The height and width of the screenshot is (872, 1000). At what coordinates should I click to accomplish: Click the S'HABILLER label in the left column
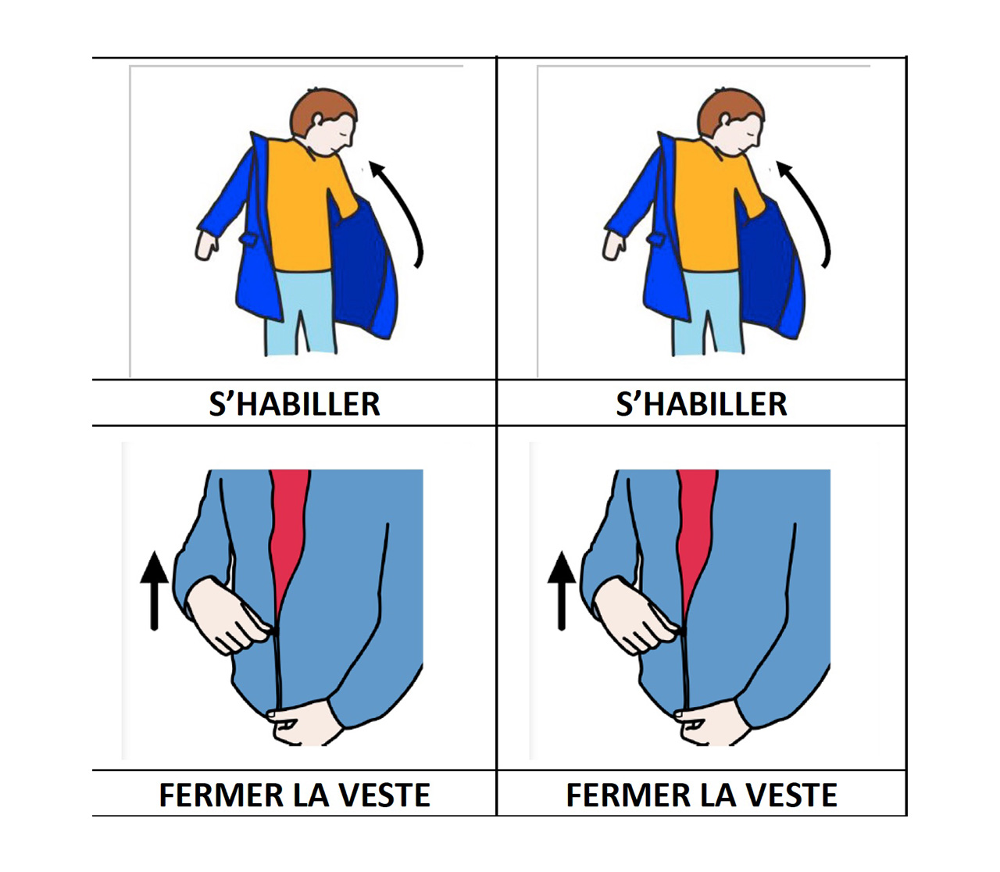pos(295,404)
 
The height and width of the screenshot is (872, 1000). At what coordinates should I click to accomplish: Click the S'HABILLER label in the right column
pos(702,404)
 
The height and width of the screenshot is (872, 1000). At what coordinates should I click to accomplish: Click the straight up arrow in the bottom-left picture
pos(155,591)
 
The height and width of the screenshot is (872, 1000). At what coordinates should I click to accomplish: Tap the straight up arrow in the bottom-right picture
pos(562,591)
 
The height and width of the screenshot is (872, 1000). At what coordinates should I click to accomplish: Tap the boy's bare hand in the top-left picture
pos(205,245)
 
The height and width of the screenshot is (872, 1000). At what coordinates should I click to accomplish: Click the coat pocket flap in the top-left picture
pos(248,238)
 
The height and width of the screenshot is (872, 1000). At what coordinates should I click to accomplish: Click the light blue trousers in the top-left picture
pos(300,313)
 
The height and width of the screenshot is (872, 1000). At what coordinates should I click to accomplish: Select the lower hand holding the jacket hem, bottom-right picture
pos(711,724)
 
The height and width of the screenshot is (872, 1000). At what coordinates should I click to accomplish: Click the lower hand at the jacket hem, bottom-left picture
pos(304,724)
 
